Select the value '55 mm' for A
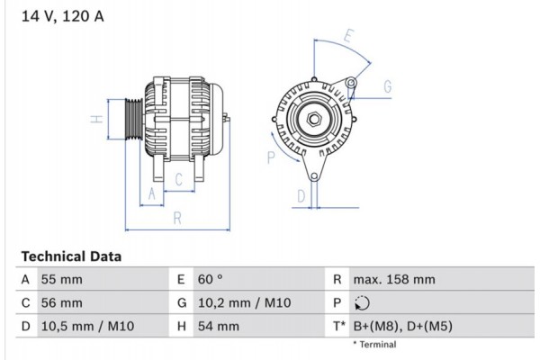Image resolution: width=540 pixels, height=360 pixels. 61,280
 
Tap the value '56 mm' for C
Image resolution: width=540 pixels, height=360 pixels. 61,303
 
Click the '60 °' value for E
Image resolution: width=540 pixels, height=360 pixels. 211,280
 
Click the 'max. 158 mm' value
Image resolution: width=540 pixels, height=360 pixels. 395,280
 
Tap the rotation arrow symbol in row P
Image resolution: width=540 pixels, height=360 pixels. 363,303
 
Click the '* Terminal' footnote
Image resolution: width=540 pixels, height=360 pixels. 374,345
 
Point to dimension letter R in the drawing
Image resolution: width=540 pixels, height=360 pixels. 177,217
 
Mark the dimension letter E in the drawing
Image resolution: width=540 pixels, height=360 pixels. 348,36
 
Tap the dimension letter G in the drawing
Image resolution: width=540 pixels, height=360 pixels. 387,86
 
